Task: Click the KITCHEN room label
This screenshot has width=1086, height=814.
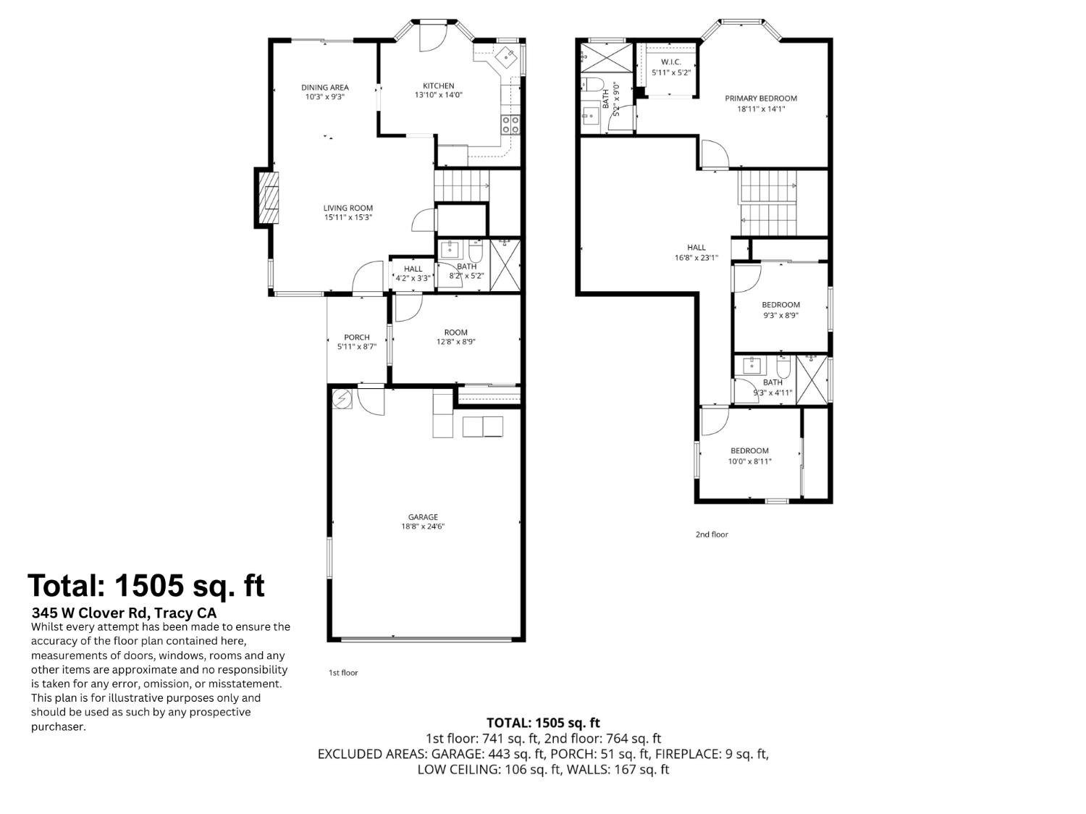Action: point(439,85)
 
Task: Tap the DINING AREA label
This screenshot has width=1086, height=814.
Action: point(324,88)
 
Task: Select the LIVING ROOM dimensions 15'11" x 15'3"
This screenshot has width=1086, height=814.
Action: point(348,217)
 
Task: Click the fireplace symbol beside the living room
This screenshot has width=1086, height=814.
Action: point(269,198)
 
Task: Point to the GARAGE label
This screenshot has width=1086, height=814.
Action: point(423,517)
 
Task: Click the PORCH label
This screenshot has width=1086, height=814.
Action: point(357,337)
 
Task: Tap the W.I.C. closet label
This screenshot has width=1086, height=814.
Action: point(671,62)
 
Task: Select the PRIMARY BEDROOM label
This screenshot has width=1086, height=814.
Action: point(761,98)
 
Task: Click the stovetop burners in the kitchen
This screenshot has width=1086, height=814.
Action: point(510,125)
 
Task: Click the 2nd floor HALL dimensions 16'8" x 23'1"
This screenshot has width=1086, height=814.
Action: point(696,257)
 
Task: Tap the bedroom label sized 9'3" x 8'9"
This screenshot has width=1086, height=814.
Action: point(780,305)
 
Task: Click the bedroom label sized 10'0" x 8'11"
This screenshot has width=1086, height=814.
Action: point(749,450)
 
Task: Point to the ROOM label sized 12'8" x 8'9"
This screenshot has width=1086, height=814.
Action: point(456,332)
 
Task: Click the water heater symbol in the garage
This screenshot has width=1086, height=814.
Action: point(342,398)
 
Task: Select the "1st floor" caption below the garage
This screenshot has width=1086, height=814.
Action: point(343,673)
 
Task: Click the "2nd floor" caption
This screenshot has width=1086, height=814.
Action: point(712,534)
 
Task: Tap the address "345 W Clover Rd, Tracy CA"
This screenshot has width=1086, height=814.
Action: point(124,613)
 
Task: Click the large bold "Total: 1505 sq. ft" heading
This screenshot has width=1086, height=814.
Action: point(146,585)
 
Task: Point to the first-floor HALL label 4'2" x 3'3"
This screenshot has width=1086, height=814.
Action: point(413,269)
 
